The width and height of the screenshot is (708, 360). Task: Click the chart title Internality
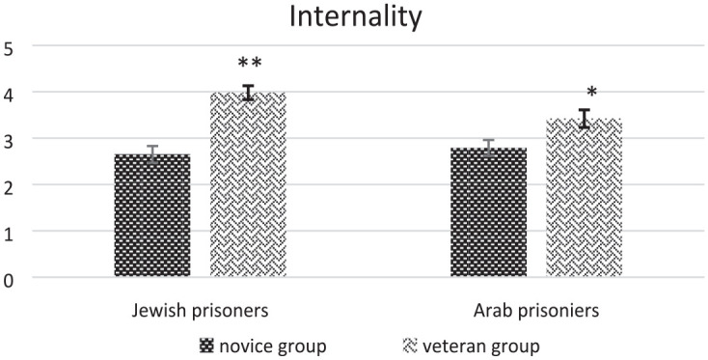[x=355, y=18]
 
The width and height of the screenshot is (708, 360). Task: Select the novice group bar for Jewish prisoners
[x=152, y=215]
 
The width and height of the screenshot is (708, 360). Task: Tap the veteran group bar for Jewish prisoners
[x=248, y=184]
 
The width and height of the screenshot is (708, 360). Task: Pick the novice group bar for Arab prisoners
[x=488, y=211]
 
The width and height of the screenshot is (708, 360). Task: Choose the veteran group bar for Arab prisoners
[x=585, y=198]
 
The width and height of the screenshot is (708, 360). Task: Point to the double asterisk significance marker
[x=250, y=64]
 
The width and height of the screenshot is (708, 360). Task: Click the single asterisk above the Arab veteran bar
[x=591, y=92]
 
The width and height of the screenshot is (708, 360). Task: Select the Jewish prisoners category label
[x=200, y=311]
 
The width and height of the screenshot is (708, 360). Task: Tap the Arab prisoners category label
[x=536, y=311]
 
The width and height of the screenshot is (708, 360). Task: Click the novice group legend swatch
[x=205, y=346]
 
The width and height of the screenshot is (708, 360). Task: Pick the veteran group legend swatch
[x=409, y=346]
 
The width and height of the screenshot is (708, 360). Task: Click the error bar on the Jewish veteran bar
[x=248, y=93]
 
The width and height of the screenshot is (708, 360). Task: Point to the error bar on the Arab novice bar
[x=488, y=148]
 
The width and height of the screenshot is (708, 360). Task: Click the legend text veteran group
[x=481, y=346]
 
